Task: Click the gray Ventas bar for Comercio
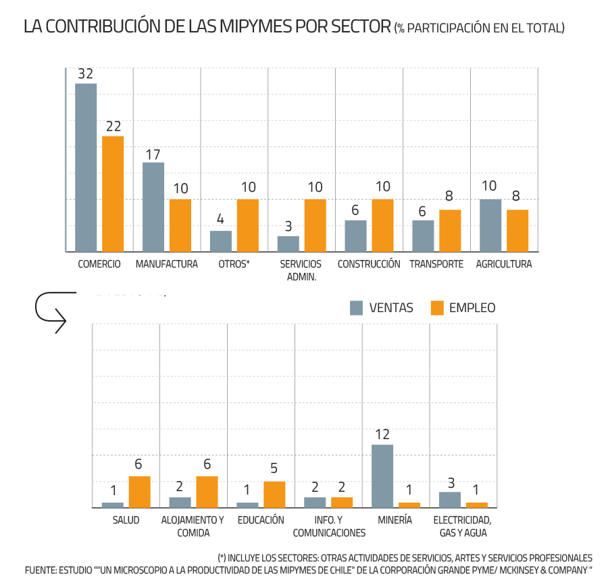(86, 167)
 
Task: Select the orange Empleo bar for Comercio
(113, 193)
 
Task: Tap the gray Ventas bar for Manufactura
(153, 207)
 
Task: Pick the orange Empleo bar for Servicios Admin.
(315, 225)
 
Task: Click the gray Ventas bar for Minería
(382, 476)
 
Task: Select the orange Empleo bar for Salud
(139, 491)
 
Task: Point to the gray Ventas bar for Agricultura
(490, 225)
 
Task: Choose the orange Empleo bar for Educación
(274, 494)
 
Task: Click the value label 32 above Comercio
(85, 74)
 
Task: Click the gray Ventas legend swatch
(357, 308)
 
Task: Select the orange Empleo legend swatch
(437, 308)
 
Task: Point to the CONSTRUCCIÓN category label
(368, 264)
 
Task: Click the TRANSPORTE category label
(436, 264)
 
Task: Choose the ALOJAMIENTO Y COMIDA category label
(193, 526)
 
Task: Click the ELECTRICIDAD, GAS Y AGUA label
(462, 526)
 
